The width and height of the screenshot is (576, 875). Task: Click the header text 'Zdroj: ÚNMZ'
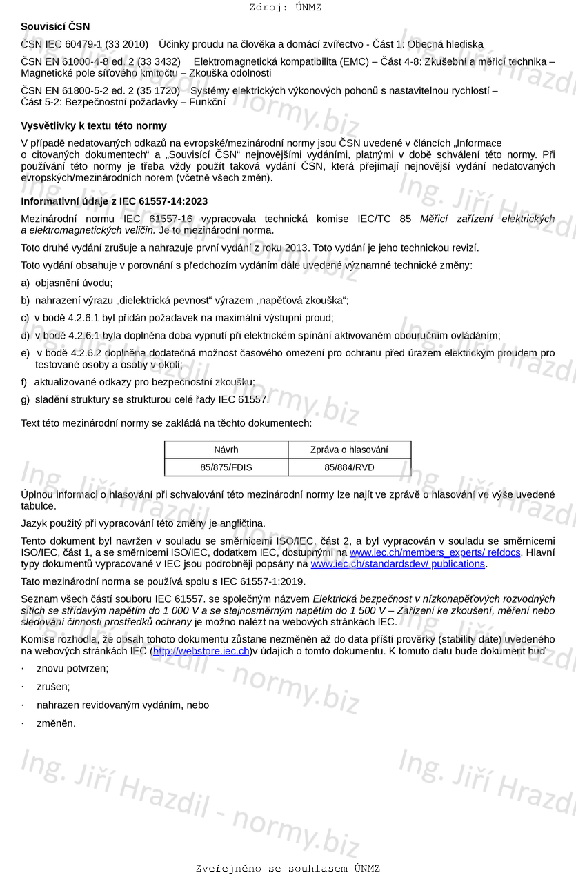tap(285, 8)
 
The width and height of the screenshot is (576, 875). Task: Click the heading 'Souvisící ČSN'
tap(55, 27)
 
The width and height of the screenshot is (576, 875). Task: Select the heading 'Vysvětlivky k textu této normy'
tap(94, 126)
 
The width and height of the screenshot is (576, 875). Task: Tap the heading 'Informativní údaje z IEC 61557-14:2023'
tap(114, 201)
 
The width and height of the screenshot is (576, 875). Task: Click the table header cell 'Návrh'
tap(226, 450)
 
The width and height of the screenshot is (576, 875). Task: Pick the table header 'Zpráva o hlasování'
tap(349, 450)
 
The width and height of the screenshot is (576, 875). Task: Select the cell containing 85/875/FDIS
tap(226, 467)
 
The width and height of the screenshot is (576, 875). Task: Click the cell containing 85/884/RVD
tap(349, 467)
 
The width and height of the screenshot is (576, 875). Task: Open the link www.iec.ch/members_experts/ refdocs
tap(435, 552)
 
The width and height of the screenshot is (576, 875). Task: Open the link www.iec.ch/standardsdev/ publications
tap(398, 564)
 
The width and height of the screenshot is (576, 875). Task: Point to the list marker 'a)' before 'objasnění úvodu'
tap(26, 283)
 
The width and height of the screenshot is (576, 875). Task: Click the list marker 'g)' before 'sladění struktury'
tap(26, 399)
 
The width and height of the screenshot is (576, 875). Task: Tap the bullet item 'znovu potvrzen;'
tap(72, 668)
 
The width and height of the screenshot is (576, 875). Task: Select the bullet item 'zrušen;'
tap(53, 687)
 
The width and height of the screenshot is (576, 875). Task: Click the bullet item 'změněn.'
tap(56, 723)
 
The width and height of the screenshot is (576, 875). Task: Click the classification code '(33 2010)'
tap(126, 44)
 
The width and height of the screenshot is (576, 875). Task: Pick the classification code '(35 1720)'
tap(157, 90)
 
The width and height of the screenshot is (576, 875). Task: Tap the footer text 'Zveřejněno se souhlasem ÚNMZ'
tap(288, 868)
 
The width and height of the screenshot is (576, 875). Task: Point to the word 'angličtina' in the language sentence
tap(241, 523)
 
